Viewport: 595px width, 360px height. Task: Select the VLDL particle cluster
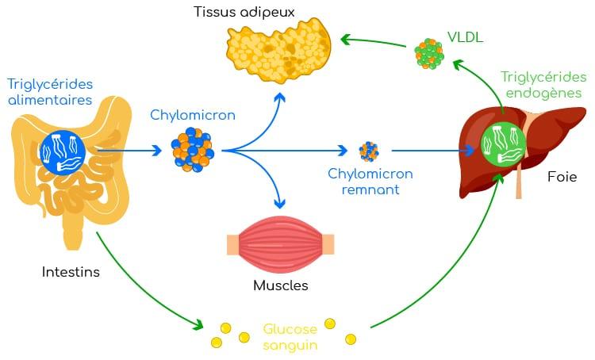tap(429, 55)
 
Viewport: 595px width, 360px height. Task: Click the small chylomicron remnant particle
tap(368, 150)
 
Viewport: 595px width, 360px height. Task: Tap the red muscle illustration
tap(280, 244)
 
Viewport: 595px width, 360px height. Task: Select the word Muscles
tap(280, 285)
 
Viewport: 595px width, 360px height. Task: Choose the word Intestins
tap(71, 272)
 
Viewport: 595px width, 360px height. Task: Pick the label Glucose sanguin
tap(290, 336)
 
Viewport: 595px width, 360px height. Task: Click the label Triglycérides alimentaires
tap(49, 92)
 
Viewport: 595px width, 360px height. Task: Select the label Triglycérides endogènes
tap(543, 85)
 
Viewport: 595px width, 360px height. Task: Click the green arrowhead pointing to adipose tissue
tap(345, 37)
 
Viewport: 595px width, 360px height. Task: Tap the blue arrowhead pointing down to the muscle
tap(278, 204)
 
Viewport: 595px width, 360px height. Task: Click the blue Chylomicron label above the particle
tap(193, 115)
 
